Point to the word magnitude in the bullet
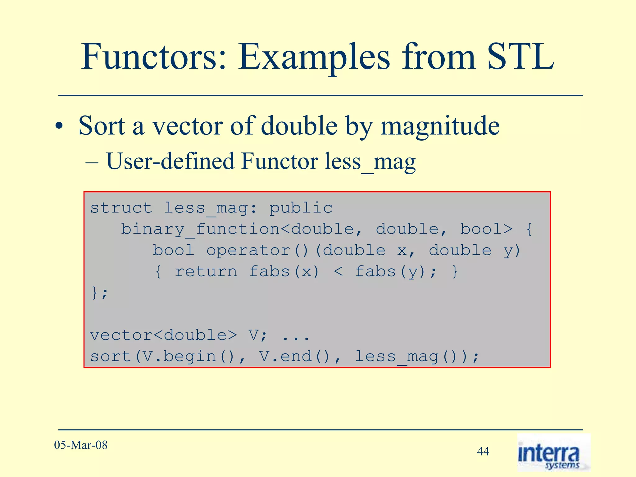click(x=440, y=126)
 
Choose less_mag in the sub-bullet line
click(x=370, y=162)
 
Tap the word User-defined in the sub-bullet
click(x=170, y=161)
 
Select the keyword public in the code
click(x=301, y=208)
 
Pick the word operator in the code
click(x=248, y=250)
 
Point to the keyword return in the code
click(x=206, y=272)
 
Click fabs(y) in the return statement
click(x=390, y=272)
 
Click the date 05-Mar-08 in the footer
click(x=81, y=445)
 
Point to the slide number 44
click(x=483, y=451)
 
